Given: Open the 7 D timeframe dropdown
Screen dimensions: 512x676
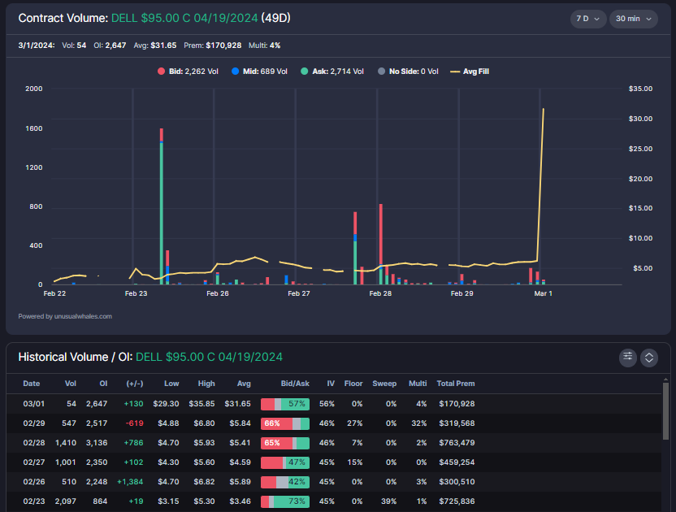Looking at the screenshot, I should coord(587,18).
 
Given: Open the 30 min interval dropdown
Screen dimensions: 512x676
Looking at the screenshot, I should coord(634,18).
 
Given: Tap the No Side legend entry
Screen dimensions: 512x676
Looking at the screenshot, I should coord(409,72).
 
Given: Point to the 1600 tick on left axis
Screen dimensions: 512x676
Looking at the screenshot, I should coord(34,128).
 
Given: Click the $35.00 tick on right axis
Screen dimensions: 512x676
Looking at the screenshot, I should coord(640,89).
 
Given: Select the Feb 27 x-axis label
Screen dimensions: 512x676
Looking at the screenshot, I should coord(299,293).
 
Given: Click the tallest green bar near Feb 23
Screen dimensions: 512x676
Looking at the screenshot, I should coord(161,211).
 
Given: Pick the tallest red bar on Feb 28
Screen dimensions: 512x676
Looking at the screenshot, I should coord(380,244).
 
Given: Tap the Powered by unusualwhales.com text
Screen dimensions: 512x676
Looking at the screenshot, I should coord(65,316).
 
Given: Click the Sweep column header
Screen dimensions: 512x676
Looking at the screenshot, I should coord(384,384).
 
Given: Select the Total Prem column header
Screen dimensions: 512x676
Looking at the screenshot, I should coord(455,384).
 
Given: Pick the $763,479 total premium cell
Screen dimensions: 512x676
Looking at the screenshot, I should coord(457,442).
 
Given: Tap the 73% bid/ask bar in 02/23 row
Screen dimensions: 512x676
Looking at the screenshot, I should coord(285,501).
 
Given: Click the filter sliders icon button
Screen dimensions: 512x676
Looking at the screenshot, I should coord(627,357).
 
